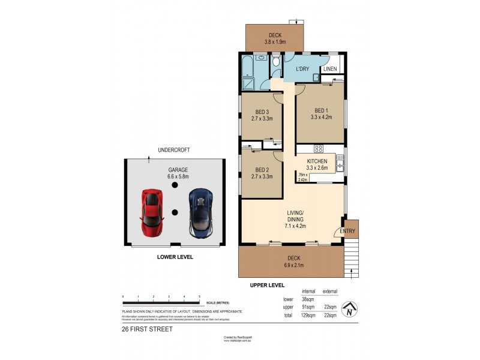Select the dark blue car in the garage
[200, 212]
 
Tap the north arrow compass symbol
[349, 310]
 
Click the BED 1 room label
[321, 110]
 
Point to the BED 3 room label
[262, 112]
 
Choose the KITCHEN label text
[317, 162]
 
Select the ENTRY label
[347, 231]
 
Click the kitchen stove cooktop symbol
[319, 149]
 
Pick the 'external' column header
[329, 291]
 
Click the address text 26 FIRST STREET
[147, 329]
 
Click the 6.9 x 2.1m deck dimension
[293, 265]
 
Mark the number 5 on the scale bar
[199, 298]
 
